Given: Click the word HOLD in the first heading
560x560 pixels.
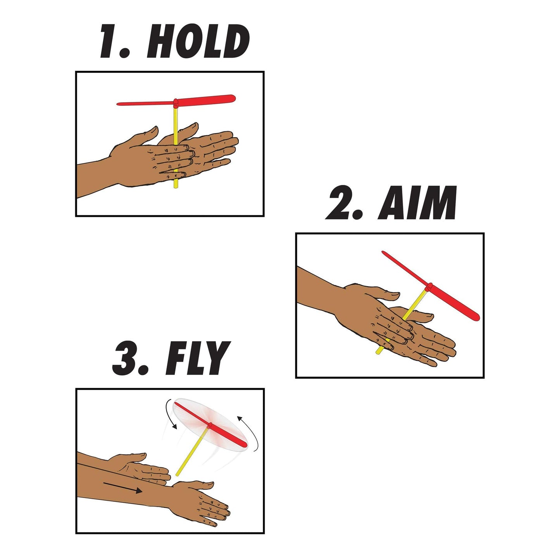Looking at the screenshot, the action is (x=198, y=41).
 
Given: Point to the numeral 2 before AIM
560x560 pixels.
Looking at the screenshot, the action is (x=345, y=203).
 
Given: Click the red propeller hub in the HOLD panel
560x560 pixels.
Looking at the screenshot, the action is (x=176, y=102).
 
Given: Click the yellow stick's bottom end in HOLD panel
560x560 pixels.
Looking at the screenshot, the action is (x=176, y=187).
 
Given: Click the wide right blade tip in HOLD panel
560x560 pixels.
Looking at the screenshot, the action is (x=232, y=98).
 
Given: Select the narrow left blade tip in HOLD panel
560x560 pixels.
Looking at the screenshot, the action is (x=119, y=104).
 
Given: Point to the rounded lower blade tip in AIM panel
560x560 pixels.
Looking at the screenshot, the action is (x=476, y=317).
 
